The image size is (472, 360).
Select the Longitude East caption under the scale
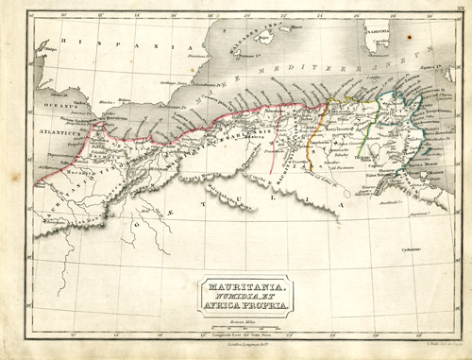click(236, 335)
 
